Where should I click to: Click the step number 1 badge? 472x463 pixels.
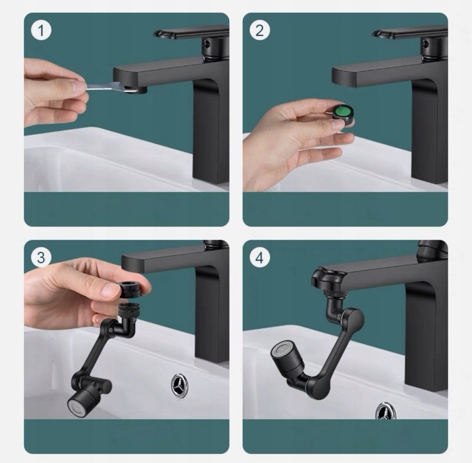click(41, 30)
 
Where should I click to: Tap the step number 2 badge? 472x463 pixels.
click(260, 30)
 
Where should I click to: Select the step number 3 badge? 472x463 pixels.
click(41, 257)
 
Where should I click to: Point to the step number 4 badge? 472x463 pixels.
click(260, 257)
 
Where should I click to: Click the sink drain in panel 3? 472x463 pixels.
click(180, 385)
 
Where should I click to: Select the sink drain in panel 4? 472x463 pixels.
click(386, 411)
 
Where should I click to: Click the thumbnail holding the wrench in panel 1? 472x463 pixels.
click(79, 86)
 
